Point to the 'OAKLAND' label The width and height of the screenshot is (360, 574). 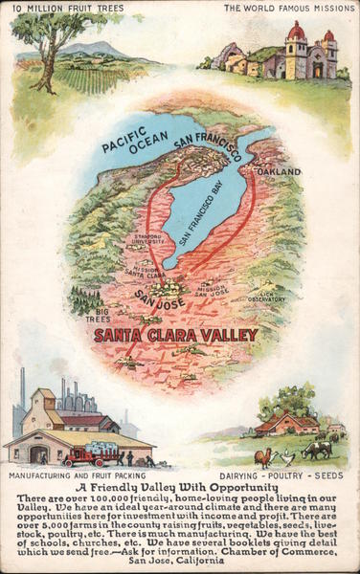pyautogui.click(x=277, y=172)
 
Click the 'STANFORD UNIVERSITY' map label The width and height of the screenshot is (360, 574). pyautogui.click(x=146, y=239)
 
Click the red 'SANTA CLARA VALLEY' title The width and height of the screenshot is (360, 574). pyautogui.click(x=175, y=335)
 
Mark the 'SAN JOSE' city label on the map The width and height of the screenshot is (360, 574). pyautogui.click(x=159, y=302)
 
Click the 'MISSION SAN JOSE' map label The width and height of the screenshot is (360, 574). pyautogui.click(x=212, y=288)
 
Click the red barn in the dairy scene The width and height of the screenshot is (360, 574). pyautogui.click(x=286, y=423)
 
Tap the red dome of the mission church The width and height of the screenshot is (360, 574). pyautogui.click(x=296, y=32)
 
